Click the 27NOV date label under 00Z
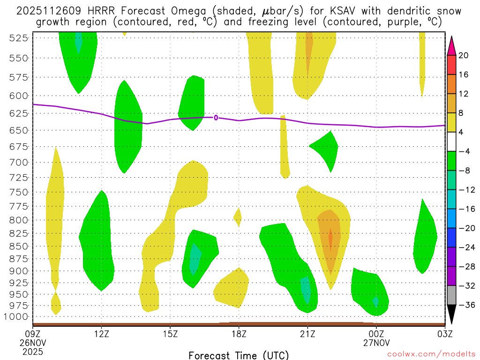(377, 343)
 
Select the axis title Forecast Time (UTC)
(239, 355)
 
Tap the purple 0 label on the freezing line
(216, 118)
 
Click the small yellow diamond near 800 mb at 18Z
(238, 216)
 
